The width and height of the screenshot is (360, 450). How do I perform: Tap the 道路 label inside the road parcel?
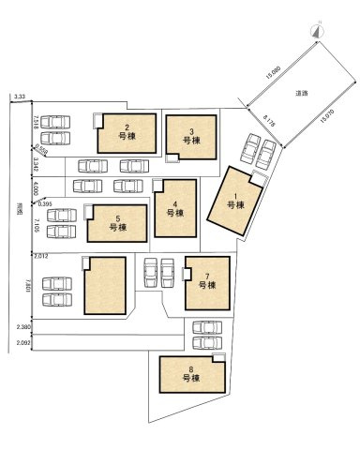tap(302, 93)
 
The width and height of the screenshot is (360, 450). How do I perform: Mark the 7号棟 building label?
tap(208, 281)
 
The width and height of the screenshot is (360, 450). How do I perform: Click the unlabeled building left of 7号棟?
tap(105, 287)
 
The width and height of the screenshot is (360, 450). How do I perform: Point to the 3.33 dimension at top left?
tap(20, 97)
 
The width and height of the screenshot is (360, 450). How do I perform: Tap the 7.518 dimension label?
tap(35, 124)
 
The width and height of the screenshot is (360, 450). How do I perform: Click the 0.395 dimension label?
tap(45, 202)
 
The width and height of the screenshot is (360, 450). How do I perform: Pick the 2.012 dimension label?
tap(40, 255)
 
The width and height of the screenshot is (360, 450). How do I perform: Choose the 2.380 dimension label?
tap(23, 326)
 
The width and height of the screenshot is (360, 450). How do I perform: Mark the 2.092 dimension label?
tap(23, 343)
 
